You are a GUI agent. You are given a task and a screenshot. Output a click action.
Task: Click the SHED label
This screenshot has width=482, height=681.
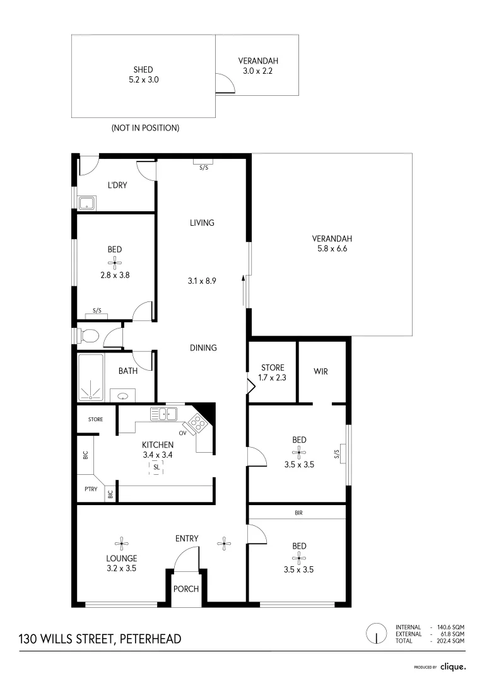click(x=143, y=69)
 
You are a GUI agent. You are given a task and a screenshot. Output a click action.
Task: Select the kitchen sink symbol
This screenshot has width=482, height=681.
click(x=163, y=414)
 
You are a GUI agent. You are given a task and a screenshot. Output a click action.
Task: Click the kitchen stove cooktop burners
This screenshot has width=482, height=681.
click(x=197, y=422)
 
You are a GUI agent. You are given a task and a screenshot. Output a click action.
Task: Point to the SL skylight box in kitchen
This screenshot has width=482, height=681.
click(x=156, y=467)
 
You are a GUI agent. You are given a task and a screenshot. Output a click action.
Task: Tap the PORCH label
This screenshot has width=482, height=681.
click(x=186, y=589)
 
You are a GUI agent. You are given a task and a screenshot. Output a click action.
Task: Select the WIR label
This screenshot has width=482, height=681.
click(x=320, y=371)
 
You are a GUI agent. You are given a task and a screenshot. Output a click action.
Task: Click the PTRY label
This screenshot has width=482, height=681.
click(x=91, y=489)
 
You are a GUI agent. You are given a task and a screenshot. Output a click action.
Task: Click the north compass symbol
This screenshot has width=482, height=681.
click(x=377, y=633)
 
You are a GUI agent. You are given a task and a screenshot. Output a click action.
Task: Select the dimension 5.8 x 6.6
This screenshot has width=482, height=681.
click(x=332, y=248)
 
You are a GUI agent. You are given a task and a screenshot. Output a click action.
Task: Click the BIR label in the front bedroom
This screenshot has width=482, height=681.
click(x=298, y=513)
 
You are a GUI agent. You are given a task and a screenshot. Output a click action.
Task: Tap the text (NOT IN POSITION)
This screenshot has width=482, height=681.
click(x=145, y=128)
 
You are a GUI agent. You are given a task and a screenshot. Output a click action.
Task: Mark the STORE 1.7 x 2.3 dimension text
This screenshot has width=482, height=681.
click(x=273, y=378)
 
